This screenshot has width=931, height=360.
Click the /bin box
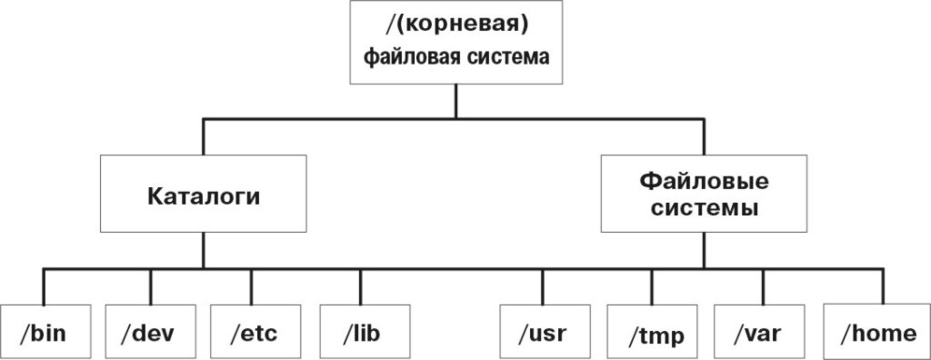43,332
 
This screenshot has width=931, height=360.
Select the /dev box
149,332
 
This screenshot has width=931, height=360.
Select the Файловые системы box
704,194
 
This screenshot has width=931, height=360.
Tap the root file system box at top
455,43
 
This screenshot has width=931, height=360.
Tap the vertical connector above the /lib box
361,285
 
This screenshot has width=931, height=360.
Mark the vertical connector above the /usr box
543,285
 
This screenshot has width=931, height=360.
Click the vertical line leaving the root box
455,100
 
